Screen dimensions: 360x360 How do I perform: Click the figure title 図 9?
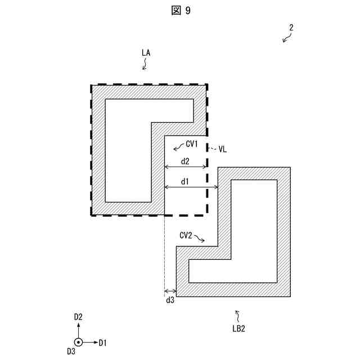click(x=180, y=11)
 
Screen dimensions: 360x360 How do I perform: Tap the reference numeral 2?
click(x=291, y=27)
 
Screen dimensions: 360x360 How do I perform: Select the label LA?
click(x=146, y=53)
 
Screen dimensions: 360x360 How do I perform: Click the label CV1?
click(x=192, y=145)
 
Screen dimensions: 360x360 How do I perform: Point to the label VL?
click(x=223, y=149)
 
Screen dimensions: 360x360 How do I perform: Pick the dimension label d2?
click(x=184, y=161)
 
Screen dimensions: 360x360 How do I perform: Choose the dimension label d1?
click(x=184, y=181)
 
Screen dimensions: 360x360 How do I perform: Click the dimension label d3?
click(x=170, y=301)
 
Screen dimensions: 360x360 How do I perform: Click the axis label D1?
click(x=102, y=342)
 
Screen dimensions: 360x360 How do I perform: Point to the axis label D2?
click(x=79, y=317)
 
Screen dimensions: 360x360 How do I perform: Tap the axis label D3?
click(x=71, y=352)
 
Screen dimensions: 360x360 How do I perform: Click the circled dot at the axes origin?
click(x=79, y=342)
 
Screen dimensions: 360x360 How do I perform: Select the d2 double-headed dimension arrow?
click(x=186, y=168)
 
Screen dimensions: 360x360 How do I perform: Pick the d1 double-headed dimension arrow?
click(x=191, y=188)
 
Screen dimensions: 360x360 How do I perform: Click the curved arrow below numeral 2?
click(x=288, y=38)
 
